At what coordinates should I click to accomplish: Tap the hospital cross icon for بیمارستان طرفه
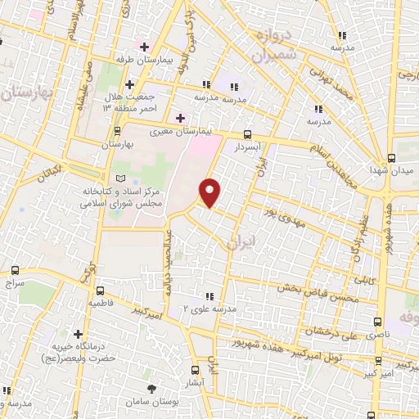tap(144, 47)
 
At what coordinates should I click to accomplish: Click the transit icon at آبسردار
tap(248, 136)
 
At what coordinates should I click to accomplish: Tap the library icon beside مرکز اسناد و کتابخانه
tap(121, 178)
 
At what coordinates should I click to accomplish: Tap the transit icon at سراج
tap(15, 269)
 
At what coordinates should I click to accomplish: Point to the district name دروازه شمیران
tap(268, 47)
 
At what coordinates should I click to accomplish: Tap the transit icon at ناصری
tap(377, 322)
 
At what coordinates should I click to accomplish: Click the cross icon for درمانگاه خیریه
tap(79, 334)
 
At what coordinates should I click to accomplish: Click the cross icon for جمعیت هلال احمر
tap(129, 84)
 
